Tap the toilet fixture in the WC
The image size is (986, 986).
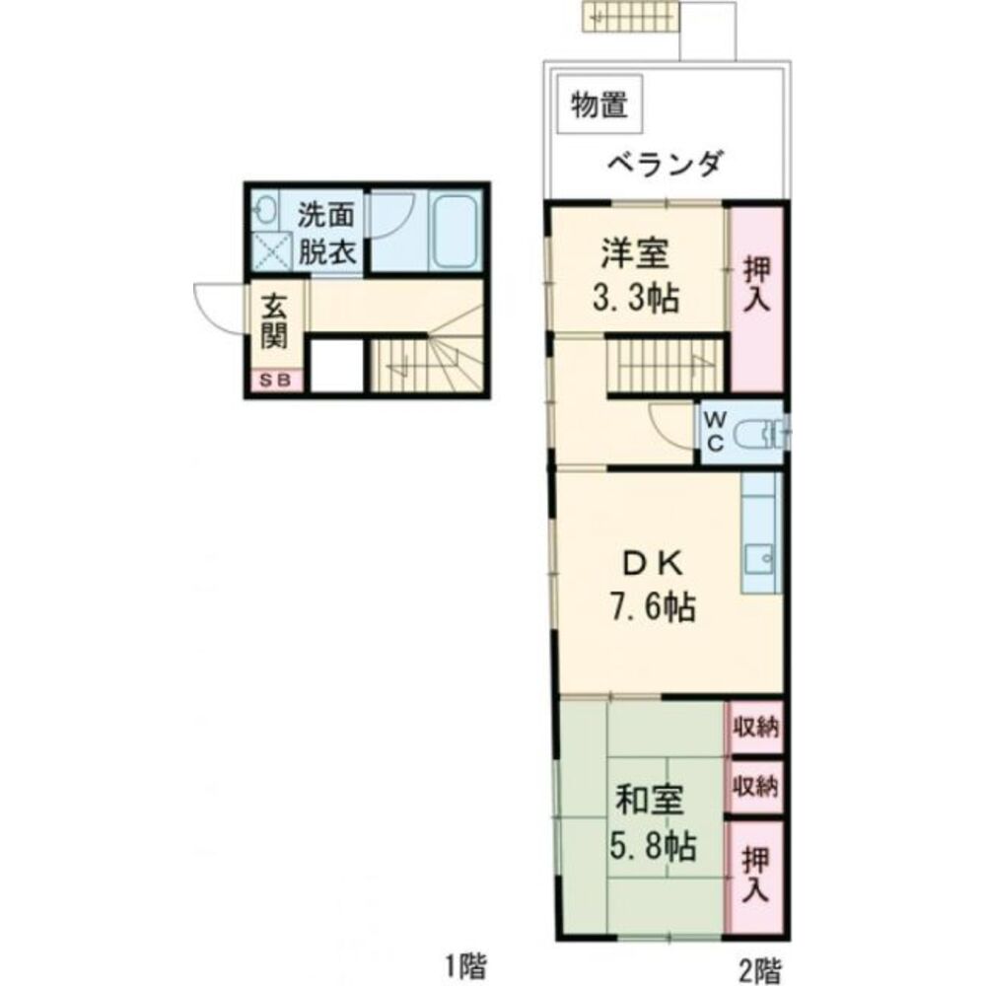[x=765, y=432]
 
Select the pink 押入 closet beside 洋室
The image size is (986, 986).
[x=756, y=296]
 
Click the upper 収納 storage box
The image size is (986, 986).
[x=755, y=729]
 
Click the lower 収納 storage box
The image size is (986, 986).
[x=755, y=787]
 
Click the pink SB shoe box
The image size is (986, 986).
[x=275, y=380]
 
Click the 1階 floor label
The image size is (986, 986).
[x=463, y=962]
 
